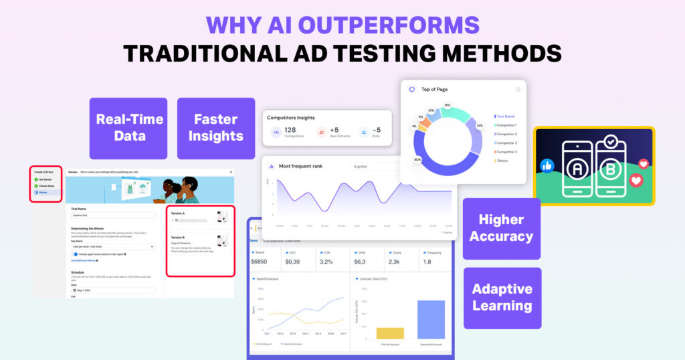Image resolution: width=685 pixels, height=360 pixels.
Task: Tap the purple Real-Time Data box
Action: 130,127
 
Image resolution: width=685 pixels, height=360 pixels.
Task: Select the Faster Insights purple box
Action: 215,127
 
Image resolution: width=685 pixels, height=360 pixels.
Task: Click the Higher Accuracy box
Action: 501,228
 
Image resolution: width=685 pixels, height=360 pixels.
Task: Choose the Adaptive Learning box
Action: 502,298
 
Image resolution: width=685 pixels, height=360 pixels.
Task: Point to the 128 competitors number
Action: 290,129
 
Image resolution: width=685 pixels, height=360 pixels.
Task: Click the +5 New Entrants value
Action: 334,129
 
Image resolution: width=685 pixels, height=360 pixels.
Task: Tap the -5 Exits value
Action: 376,130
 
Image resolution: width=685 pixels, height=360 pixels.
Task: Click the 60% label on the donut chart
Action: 417,160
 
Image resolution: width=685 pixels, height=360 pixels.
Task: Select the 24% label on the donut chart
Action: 479,125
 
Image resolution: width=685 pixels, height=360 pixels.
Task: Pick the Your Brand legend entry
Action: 506,116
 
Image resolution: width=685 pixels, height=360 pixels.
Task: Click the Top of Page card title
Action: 434,89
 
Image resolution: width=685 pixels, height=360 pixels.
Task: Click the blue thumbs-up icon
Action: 547,165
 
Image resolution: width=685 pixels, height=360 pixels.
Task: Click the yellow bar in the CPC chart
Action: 390,333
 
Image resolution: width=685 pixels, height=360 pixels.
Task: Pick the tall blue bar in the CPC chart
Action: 431,319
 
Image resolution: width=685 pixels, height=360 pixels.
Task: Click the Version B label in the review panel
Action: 178,237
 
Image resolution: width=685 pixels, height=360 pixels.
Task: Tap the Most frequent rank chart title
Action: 300,166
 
